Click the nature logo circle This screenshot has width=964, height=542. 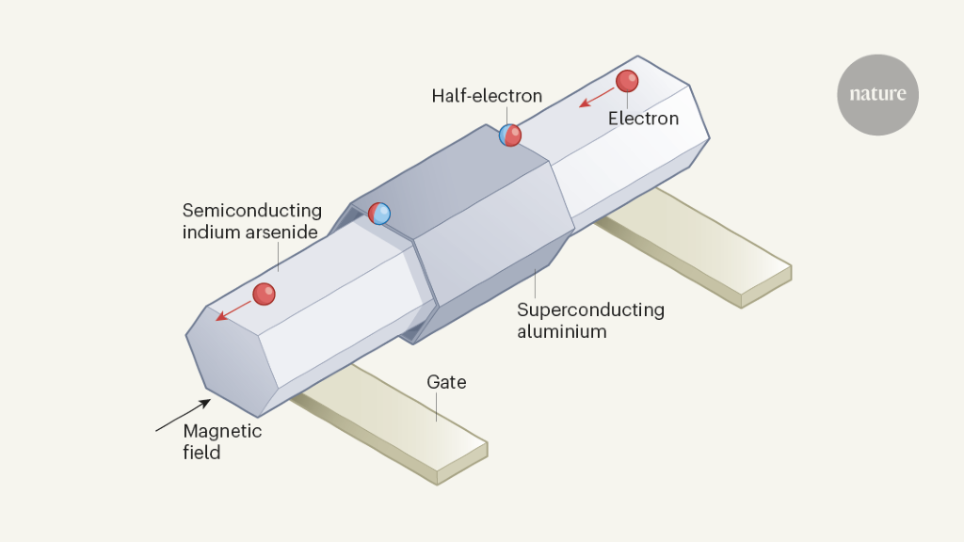(877, 94)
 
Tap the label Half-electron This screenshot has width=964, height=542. (487, 96)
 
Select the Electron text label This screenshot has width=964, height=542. (643, 119)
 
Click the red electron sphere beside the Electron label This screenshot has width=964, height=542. (627, 81)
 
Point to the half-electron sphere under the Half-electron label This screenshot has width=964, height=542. (510, 135)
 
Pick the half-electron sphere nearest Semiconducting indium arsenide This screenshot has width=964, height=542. (379, 214)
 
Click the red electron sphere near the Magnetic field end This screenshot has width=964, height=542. (265, 294)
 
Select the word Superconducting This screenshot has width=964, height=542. (590, 311)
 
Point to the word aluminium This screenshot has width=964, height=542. (561, 331)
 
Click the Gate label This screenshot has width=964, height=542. (446, 383)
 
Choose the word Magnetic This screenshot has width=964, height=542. (223, 432)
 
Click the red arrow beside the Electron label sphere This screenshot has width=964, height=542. (597, 96)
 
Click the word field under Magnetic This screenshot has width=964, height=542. (201, 453)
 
